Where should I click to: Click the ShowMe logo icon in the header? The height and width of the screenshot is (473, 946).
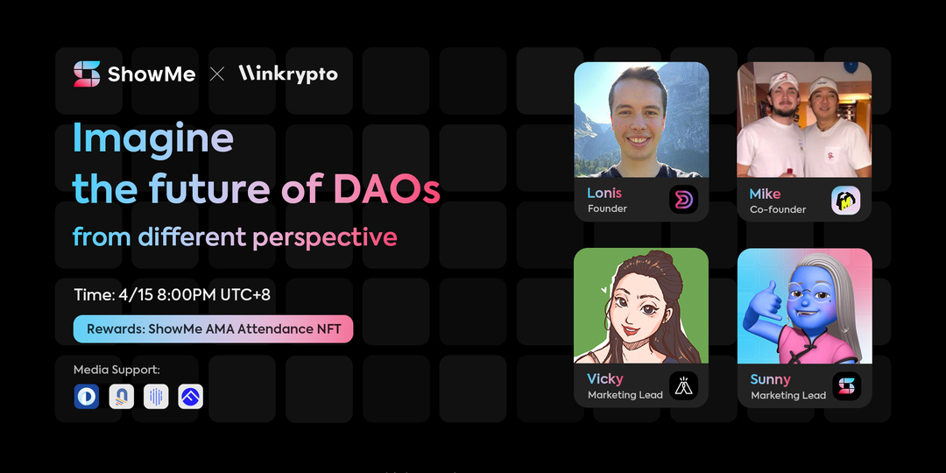pyautogui.click(x=87, y=74)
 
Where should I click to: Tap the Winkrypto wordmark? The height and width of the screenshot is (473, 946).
pyautogui.click(x=288, y=74)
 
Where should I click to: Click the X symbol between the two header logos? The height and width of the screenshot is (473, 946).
pyautogui.click(x=217, y=74)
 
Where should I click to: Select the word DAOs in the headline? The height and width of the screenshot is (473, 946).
pyautogui.click(x=387, y=189)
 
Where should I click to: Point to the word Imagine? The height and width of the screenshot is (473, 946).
pyautogui.click(x=152, y=138)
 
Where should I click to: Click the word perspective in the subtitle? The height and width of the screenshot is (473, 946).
pyautogui.click(x=325, y=237)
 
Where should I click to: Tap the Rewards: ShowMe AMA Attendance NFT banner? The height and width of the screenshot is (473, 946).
pyautogui.click(x=213, y=329)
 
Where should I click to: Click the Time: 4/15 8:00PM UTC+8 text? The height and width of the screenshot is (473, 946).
pyautogui.click(x=172, y=295)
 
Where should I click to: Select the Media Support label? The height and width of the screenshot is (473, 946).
pyautogui.click(x=116, y=370)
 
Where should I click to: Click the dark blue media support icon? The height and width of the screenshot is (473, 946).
pyautogui.click(x=86, y=397)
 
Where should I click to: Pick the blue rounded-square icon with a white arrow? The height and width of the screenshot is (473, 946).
pyautogui.click(x=191, y=397)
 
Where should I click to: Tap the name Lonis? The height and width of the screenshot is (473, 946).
pyautogui.click(x=604, y=193)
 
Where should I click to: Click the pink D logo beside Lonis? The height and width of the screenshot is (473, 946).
pyautogui.click(x=683, y=200)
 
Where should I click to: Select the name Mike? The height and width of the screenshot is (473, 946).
pyautogui.click(x=765, y=194)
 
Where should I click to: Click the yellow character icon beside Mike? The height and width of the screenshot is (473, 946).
pyautogui.click(x=846, y=201)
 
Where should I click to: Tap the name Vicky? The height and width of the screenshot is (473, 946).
pyautogui.click(x=605, y=379)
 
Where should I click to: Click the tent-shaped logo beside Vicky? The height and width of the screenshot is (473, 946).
pyautogui.click(x=683, y=386)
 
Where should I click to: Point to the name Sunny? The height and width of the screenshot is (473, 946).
pyautogui.click(x=771, y=379)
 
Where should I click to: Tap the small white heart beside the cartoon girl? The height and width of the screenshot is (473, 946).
pyautogui.click(x=604, y=290)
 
